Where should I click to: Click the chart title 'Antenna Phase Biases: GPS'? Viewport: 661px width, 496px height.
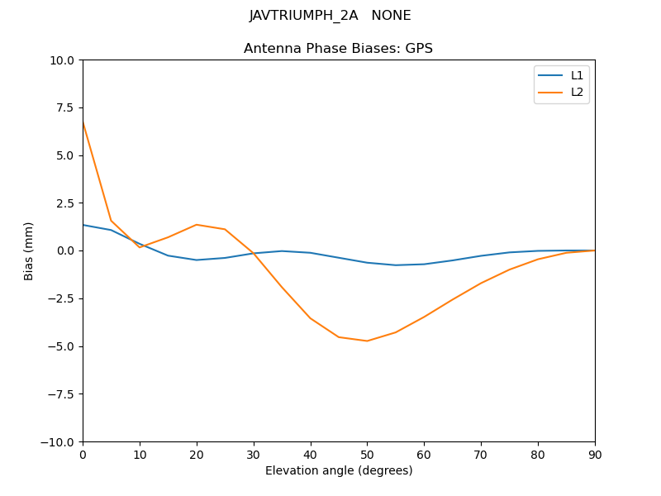click(x=338, y=49)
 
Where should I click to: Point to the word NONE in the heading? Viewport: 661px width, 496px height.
click(x=391, y=16)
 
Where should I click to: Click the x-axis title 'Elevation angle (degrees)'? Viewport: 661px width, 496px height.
click(x=339, y=471)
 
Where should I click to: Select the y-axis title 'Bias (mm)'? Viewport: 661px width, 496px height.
click(x=29, y=250)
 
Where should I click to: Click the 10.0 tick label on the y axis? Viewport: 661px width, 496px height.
click(x=62, y=60)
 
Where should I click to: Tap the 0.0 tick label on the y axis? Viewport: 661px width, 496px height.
click(x=65, y=250)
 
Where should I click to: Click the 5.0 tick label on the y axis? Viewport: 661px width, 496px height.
click(x=65, y=155)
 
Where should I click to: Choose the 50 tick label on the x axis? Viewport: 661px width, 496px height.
click(x=367, y=454)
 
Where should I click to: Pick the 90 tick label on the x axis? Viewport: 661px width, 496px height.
click(x=595, y=454)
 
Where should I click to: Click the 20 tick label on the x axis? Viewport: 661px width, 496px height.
click(x=197, y=454)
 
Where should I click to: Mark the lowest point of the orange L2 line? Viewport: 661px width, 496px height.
click(x=367, y=341)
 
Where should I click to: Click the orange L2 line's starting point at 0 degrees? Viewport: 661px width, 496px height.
click(x=83, y=122)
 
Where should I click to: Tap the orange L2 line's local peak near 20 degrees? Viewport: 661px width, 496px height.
click(x=197, y=225)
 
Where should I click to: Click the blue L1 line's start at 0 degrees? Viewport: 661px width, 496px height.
click(x=83, y=225)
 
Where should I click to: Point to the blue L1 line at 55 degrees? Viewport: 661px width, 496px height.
click(x=396, y=265)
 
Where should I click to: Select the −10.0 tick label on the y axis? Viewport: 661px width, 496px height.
click(x=59, y=441)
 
